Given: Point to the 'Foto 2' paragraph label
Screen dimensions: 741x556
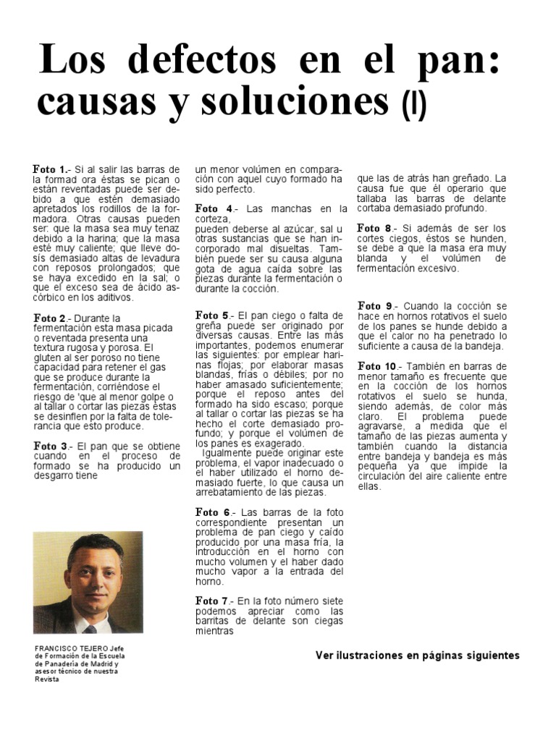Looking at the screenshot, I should click(x=50, y=318).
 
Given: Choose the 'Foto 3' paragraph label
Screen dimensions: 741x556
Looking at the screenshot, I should click(x=50, y=446).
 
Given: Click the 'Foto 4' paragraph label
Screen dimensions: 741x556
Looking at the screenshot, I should click(x=213, y=208).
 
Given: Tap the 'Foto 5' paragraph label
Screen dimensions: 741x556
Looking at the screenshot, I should click(x=213, y=316).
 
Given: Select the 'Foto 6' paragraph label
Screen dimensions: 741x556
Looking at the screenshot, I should click(x=213, y=512).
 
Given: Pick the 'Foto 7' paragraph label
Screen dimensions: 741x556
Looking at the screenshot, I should click(x=213, y=601).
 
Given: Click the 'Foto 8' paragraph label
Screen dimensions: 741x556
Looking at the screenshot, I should click(x=375, y=228).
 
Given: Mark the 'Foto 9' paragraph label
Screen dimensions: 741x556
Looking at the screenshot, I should click(x=375, y=306).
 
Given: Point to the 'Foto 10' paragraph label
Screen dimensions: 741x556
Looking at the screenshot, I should click(x=378, y=366).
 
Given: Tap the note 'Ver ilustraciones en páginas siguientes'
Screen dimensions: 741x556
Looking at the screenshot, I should click(x=418, y=656).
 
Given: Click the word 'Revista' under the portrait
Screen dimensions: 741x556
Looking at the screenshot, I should click(x=46, y=679).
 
